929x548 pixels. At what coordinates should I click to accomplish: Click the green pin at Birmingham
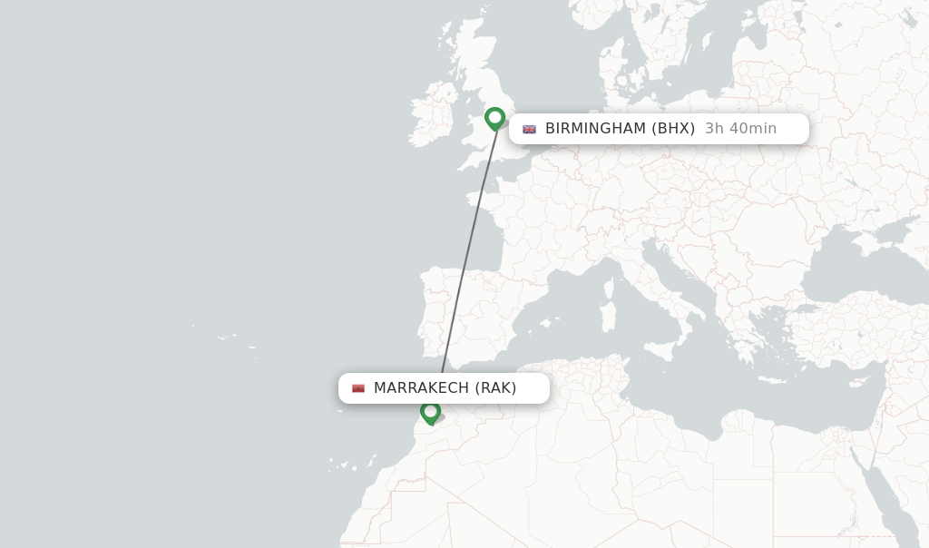tap(494, 118)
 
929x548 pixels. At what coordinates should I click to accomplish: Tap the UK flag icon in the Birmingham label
tap(529, 129)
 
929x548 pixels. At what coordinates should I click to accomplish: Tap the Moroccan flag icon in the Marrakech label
tap(358, 388)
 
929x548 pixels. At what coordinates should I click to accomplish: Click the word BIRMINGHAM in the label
tap(594, 129)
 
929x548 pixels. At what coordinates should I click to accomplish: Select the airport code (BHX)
tap(673, 129)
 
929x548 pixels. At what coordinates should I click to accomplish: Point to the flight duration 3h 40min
tap(740, 129)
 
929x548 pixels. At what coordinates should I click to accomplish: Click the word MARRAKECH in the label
tap(421, 388)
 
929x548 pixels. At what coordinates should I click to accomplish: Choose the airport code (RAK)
tap(495, 388)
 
